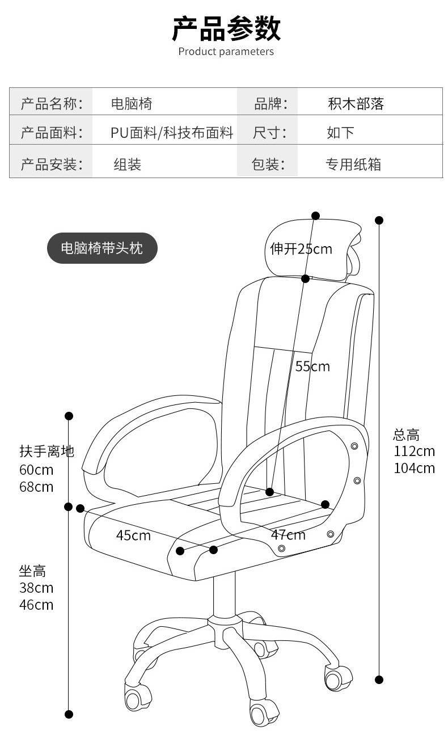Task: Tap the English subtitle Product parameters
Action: tap(226, 52)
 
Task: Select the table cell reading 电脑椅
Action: tap(131, 104)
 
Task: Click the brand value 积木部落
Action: tap(356, 104)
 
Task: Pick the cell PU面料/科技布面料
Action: tap(172, 133)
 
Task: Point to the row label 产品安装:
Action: tap(52, 164)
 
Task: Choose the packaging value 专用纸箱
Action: tap(353, 164)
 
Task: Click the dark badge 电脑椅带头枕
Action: tap(102, 248)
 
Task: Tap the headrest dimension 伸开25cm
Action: tap(301, 249)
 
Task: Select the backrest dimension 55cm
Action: tap(312, 366)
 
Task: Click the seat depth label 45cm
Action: tap(133, 535)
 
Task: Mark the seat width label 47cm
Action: tap(288, 535)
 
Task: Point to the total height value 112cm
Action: tap(414, 451)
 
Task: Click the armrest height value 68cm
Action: tap(36, 487)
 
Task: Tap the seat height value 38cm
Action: tap(36, 588)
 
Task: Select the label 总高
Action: tap(406, 435)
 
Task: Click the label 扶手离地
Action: tap(47, 451)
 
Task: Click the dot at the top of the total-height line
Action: tap(379, 220)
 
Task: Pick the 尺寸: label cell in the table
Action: tap(269, 133)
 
